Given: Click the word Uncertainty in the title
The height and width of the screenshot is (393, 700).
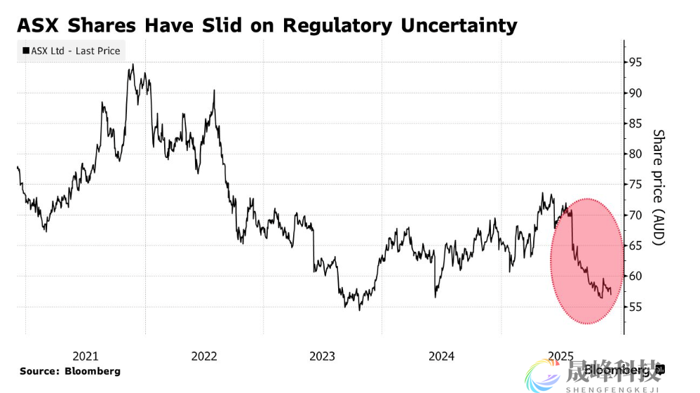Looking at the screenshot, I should tap(459, 25).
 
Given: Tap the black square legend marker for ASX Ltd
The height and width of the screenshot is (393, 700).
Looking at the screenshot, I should tap(26, 51).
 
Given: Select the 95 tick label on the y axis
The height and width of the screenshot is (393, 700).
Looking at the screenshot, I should tap(635, 62).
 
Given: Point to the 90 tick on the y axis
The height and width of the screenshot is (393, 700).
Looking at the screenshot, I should tap(635, 93).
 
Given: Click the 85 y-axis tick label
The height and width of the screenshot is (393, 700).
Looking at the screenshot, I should tap(635, 124).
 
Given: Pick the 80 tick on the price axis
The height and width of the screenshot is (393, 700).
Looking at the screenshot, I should tap(635, 154).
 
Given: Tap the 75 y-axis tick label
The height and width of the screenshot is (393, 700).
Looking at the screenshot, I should tap(635, 185).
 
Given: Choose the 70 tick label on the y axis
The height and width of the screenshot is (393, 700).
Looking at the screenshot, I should tap(635, 215).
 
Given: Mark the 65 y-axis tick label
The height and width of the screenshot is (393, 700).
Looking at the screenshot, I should tap(635, 246).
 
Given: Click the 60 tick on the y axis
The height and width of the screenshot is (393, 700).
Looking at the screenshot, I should tap(635, 277).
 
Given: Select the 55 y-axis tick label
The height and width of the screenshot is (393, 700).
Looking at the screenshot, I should tap(635, 307).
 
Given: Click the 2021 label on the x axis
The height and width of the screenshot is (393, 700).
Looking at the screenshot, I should tap(86, 356).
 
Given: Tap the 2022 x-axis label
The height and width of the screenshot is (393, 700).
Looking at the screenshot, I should tap(204, 356).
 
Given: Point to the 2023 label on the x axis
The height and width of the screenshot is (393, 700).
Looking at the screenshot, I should tap(323, 356).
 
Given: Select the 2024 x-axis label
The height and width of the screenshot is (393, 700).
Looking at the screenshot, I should tap(442, 356).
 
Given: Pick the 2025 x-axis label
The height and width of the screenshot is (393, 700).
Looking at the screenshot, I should tap(560, 356).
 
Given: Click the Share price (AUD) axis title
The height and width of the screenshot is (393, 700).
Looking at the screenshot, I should tap(658, 187).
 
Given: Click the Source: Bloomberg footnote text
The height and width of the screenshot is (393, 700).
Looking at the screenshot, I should tap(69, 371).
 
